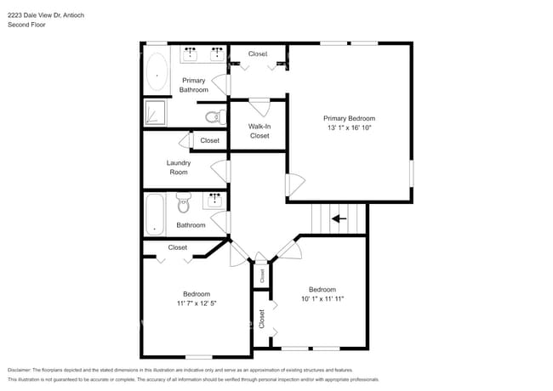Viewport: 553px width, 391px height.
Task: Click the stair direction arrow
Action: coord(339,218)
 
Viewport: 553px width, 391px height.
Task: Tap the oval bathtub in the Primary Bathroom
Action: coord(158,73)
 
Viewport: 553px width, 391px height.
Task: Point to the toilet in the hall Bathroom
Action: coord(183,203)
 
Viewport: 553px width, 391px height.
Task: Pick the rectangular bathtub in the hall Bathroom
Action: coord(154,215)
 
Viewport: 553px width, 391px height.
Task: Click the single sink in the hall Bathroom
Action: coord(214,200)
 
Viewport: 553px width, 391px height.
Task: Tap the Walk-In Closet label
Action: coord(259,131)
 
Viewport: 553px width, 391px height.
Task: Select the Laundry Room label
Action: coord(179,167)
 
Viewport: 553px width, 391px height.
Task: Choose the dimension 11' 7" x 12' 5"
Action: coord(197,303)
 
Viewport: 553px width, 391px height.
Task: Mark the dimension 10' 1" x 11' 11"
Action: coord(322,298)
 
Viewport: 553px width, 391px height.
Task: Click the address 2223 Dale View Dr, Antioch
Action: coord(46,15)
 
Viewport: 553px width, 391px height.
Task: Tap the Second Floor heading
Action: coord(27,25)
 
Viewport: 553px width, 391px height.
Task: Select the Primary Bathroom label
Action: coord(193,85)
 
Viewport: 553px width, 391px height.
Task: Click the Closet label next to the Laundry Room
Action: coord(209,140)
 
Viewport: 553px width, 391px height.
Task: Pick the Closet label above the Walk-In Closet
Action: coord(258,54)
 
